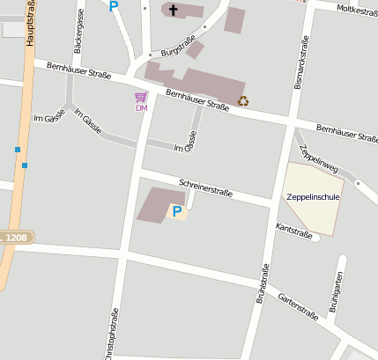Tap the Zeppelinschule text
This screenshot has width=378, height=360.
[313, 196]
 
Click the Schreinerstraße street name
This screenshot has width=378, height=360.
[205, 187]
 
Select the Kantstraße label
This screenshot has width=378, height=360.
[294, 231]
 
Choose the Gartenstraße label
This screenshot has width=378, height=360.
[297, 305]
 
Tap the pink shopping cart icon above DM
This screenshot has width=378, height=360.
[140, 97]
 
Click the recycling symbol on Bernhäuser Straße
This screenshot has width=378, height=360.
[243, 101]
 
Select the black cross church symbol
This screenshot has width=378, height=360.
[173, 11]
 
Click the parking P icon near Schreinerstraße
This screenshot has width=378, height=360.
[177, 211]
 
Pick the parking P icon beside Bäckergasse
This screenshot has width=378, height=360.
[113, 5]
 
